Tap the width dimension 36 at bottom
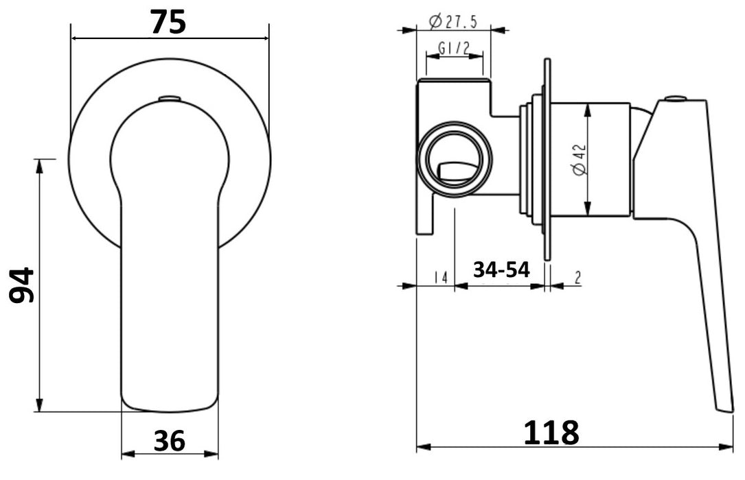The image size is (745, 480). tap(169, 441)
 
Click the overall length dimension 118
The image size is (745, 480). tap(551, 433)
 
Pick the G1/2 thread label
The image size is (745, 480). tap(453, 49)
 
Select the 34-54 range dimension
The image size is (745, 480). tap(501, 270)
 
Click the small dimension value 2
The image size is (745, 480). tap(577, 278)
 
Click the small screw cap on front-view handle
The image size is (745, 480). tap(168, 99)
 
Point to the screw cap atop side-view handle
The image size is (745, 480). tap(676, 99)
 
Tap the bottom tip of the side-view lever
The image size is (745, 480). tap(724, 407)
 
